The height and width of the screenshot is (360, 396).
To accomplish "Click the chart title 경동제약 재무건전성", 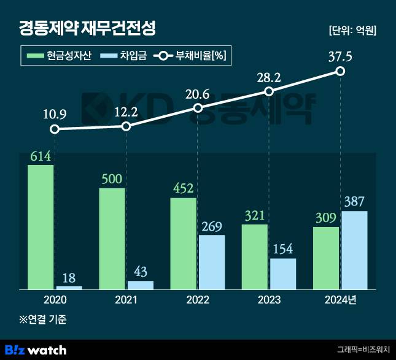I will pyautogui.click(x=88, y=28).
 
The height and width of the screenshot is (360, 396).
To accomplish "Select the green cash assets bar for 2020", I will pyautogui.click(x=41, y=227).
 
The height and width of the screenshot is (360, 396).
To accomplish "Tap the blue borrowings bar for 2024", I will pyautogui.click(x=354, y=250).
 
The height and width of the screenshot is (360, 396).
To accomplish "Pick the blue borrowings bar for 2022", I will pyautogui.click(x=211, y=262).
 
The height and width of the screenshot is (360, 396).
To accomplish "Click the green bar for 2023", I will pyautogui.click(x=254, y=257).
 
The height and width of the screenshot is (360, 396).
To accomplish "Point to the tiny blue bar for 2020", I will pyautogui.click(x=69, y=287).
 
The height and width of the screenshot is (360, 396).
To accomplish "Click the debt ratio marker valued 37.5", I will pyautogui.click(x=340, y=72).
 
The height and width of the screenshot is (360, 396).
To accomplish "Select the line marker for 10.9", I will pyautogui.click(x=55, y=129).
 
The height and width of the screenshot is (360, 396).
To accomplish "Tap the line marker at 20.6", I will pyautogui.click(x=197, y=108).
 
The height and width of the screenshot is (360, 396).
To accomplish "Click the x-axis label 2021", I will pyautogui.click(x=126, y=300).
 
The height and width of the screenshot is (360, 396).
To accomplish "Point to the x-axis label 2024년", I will pyautogui.click(x=340, y=300).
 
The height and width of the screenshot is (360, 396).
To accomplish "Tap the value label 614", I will pyautogui.click(x=41, y=156).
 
